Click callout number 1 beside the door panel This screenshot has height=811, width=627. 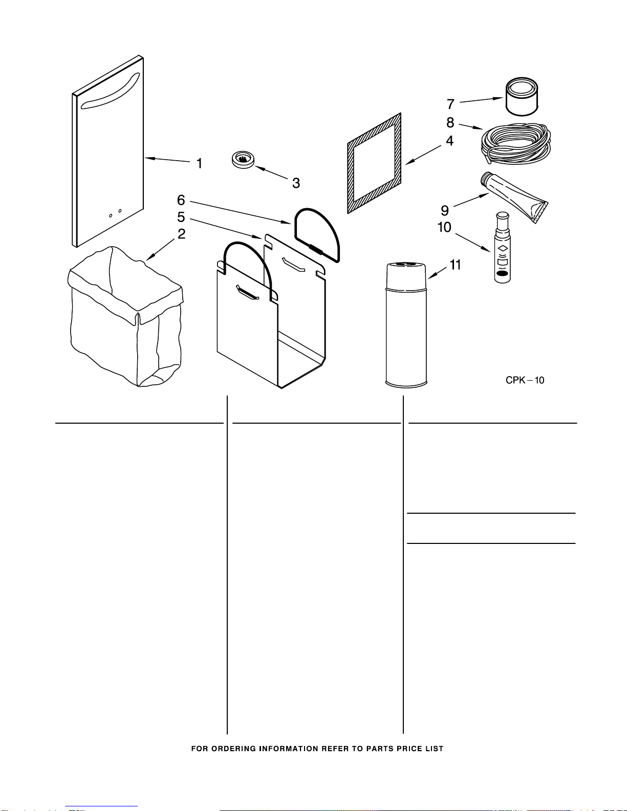pos(199,163)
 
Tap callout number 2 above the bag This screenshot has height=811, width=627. pos(181,234)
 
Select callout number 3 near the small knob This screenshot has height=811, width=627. pos(296,183)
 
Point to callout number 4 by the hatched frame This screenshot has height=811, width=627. pos(450,141)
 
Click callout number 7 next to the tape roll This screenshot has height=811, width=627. pos(450,104)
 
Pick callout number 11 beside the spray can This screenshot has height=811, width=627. pos(455,265)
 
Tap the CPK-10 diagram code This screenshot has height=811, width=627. pos(525,380)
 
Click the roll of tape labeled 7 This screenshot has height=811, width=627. pos(522,97)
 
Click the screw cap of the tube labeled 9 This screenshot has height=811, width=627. pos(486,178)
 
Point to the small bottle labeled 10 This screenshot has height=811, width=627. pos(502,248)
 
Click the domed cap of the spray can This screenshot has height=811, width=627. pos(406,276)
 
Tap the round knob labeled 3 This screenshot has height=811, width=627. pos(243,160)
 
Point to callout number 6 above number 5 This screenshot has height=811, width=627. pos(181,200)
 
